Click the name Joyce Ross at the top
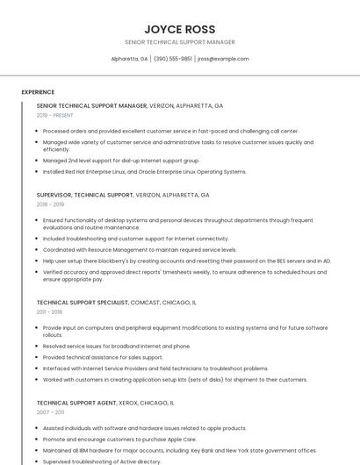point(179,29)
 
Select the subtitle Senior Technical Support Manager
point(179,42)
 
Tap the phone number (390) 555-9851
point(173,59)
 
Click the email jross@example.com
point(223,59)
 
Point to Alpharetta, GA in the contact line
point(129,59)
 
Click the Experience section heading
point(38,92)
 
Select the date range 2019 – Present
point(55,115)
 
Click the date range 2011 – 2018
point(50,311)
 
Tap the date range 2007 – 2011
point(50,411)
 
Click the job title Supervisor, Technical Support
point(85,195)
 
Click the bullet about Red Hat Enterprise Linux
point(145,171)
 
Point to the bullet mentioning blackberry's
point(186,261)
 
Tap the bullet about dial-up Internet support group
point(121,161)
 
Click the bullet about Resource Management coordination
point(140,249)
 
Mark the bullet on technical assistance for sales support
point(103,357)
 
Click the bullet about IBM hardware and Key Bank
point(179,450)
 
